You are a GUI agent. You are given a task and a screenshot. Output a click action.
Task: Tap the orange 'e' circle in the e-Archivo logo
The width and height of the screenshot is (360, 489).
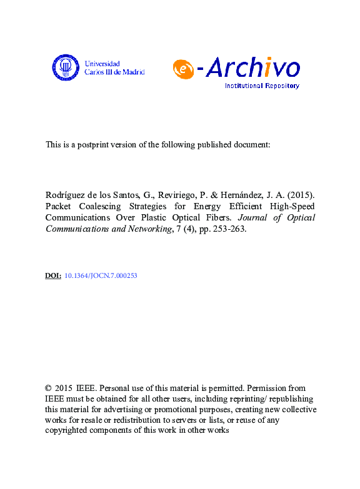[182, 70]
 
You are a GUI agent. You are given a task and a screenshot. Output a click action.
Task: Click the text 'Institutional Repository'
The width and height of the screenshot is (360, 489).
[262, 86]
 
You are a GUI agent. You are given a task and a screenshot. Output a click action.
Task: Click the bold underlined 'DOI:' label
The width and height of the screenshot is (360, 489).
[54, 275]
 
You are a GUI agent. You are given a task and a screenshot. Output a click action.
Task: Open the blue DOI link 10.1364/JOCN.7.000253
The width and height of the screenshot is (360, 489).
[101, 275]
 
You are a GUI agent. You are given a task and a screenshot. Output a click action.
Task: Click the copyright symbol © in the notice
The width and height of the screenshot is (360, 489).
[49, 388]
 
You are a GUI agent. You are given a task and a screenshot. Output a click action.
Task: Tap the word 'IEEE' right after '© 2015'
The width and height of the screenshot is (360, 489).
[87, 388]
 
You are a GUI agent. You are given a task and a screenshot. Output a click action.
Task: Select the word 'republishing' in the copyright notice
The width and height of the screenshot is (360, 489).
[286, 399]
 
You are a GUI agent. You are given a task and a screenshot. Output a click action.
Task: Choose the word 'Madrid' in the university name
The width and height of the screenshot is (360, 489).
[133, 72]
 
